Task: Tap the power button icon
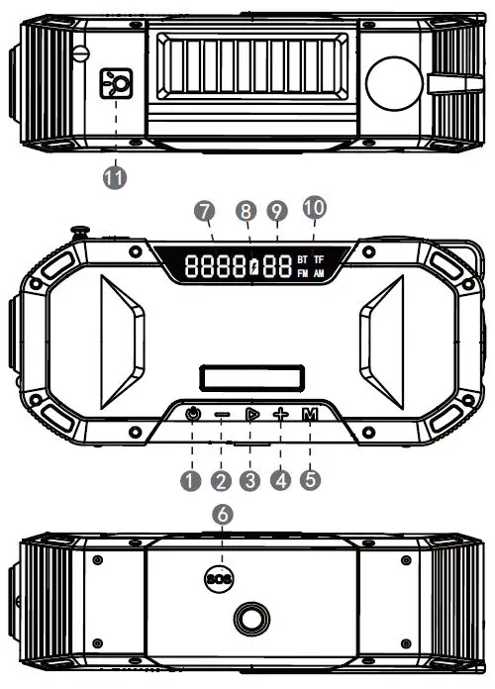pos(192,415)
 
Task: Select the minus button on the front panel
pos(222,416)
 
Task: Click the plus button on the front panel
pos(281,416)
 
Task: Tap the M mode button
pos(311,416)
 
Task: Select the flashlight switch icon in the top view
pos(118,86)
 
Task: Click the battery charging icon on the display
pos(253,265)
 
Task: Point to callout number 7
pos(206,212)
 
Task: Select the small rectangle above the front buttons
pos(247,377)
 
